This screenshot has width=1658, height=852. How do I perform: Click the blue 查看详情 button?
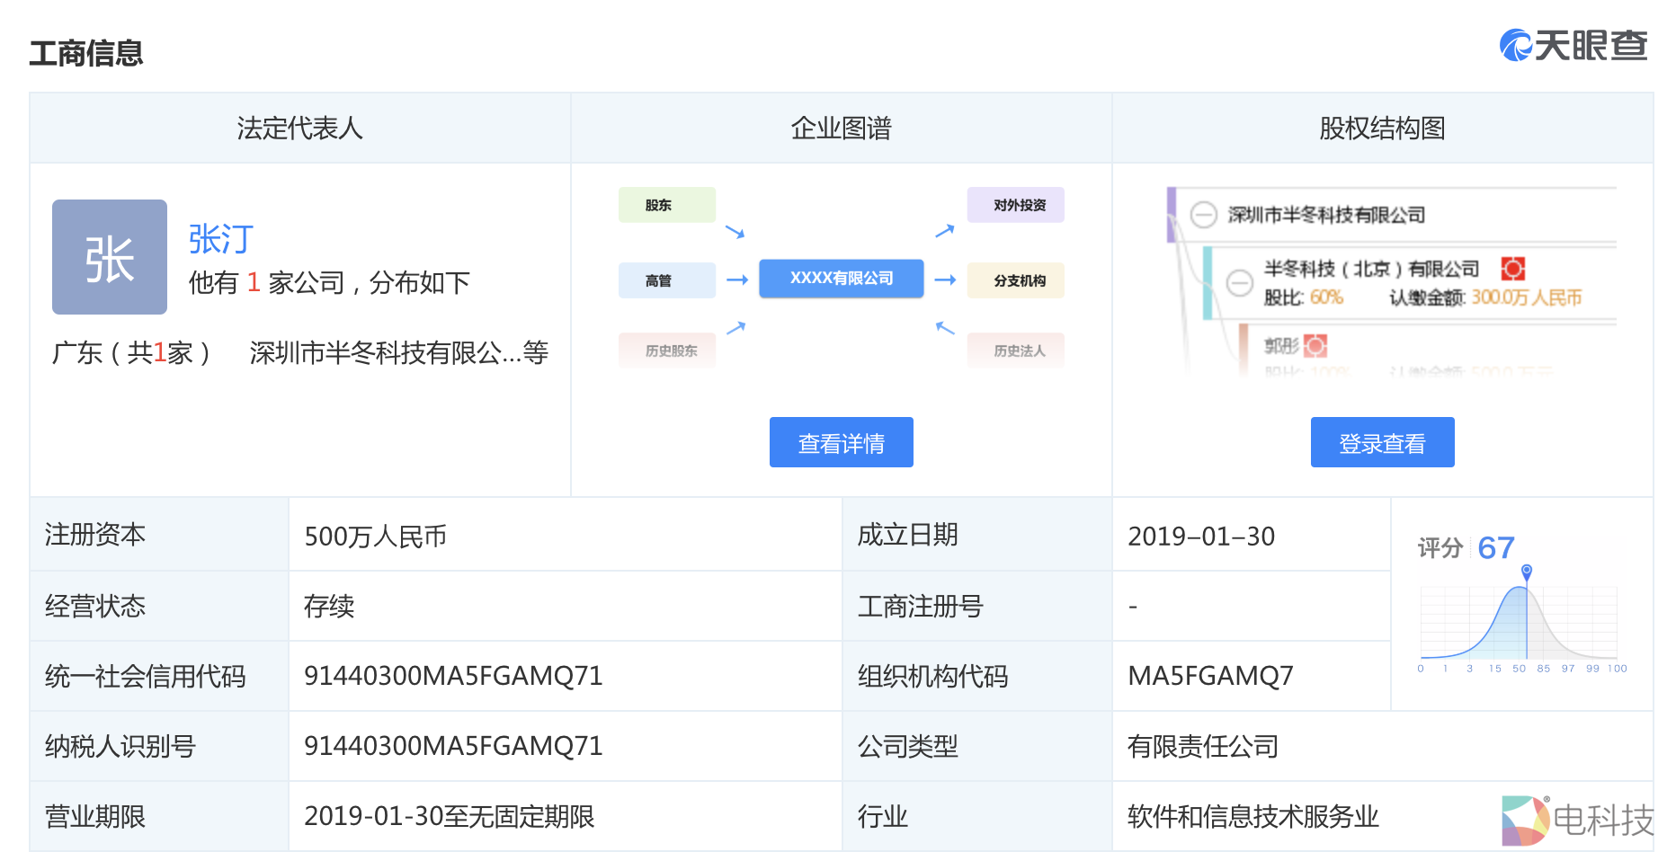pos(841,442)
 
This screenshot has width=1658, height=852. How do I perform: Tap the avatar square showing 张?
pos(110,257)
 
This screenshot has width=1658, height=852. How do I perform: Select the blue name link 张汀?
pos(221,239)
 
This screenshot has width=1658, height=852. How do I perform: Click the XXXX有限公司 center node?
pos(841,279)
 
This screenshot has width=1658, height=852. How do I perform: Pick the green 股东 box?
pos(666,205)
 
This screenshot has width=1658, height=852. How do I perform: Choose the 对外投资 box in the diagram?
pos(1015,205)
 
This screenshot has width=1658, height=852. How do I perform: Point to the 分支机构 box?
pos(1015,280)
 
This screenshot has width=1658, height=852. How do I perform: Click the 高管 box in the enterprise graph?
pos(666,280)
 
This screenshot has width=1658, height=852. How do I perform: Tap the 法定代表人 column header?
pos(299,129)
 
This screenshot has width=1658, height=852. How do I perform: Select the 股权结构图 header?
pos(1382,129)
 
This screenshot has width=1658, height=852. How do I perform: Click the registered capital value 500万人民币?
pos(376,537)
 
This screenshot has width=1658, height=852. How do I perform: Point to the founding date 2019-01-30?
pos(1201,537)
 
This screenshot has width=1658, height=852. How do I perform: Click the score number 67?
pos(1495,547)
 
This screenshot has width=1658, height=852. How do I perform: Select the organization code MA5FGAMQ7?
pos(1210,676)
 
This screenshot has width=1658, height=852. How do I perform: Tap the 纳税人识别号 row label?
pos(120,746)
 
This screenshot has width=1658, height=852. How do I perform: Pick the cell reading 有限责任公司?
pos(1202,746)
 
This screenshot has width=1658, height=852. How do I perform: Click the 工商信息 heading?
pos(86,53)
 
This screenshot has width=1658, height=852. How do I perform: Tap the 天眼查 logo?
pos(1573,45)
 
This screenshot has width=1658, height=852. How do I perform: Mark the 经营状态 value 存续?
pos(329,607)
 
